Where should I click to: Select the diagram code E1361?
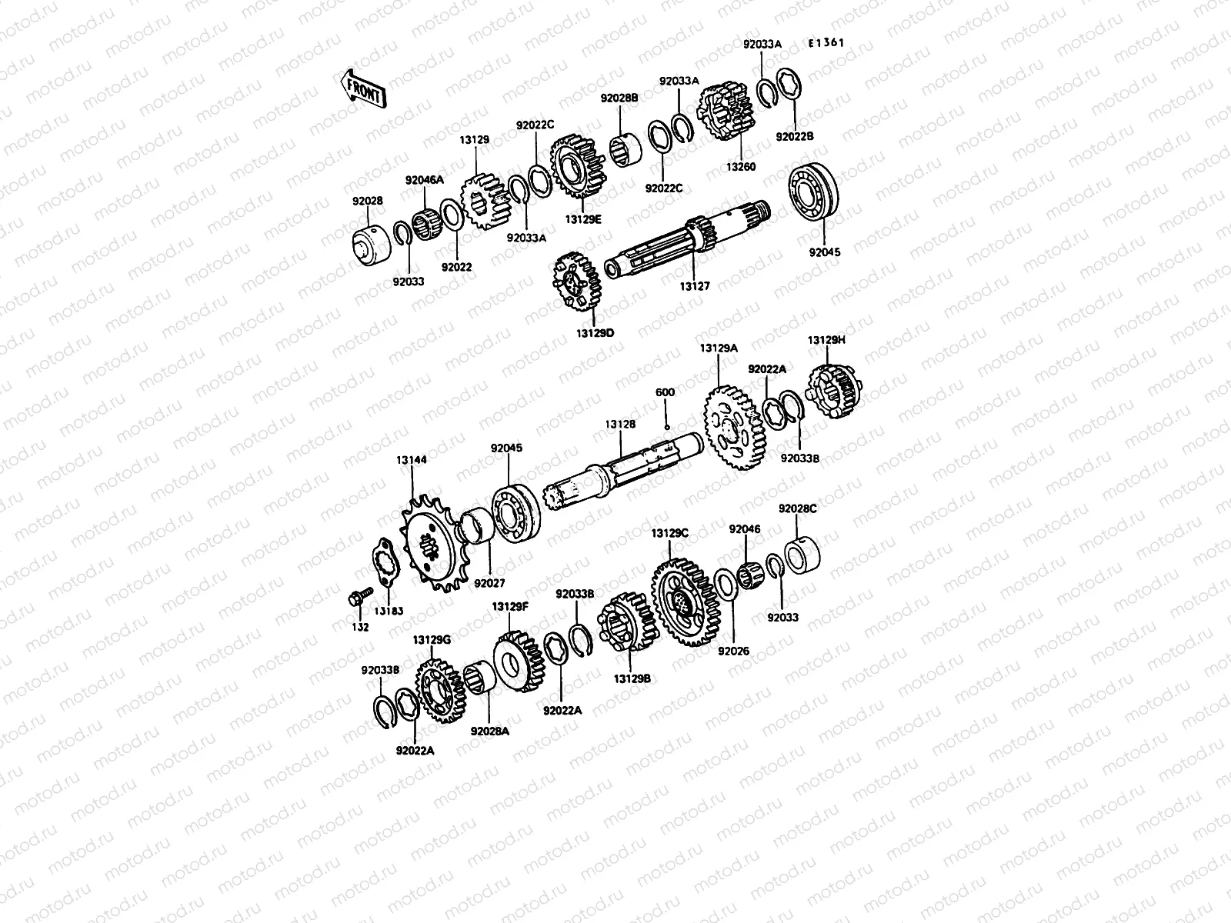coord(826,43)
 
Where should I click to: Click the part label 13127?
coord(694,286)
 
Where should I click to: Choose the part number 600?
coord(665,392)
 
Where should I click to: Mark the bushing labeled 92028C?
coord(802,549)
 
